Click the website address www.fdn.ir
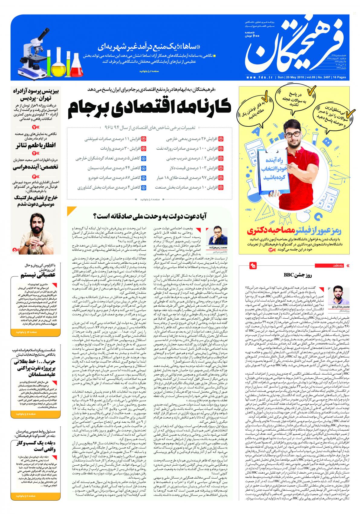[x=260, y=78]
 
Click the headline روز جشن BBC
[x=292, y=275]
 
